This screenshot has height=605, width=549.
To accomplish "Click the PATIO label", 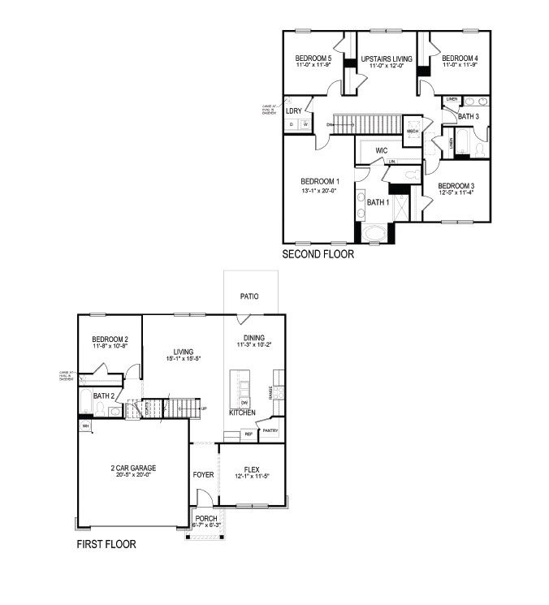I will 249,296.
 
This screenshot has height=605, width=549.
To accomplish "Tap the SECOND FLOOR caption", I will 318,254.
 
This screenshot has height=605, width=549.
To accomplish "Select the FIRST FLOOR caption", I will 106,544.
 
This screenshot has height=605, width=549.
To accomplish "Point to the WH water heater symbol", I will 84,425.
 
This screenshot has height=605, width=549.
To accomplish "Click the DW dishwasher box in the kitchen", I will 244,402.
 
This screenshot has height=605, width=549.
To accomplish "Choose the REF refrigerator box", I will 249,434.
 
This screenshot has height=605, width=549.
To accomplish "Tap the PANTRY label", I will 270,430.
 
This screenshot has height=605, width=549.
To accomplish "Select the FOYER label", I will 203,473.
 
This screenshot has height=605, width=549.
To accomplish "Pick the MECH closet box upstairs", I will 412,130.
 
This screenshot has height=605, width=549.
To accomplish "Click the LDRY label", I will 294,110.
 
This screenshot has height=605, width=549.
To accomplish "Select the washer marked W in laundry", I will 305,124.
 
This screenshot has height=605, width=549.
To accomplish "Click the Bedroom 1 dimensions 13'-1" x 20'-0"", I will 320,190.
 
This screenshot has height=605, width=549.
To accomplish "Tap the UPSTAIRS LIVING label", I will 387,59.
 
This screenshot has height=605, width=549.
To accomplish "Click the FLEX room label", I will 251,469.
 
